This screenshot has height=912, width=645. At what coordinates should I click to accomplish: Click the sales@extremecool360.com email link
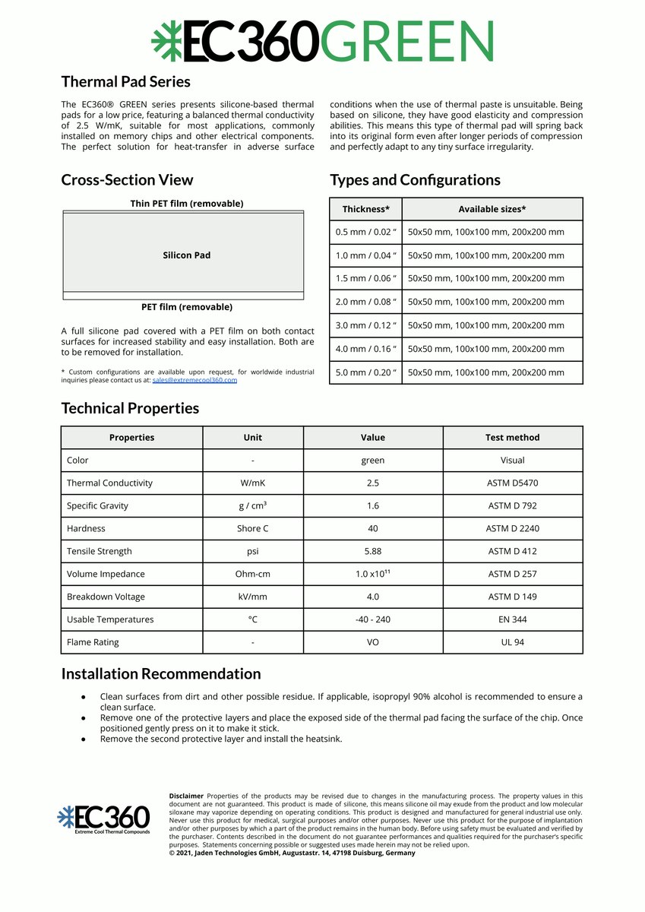pyautogui.click(x=194, y=380)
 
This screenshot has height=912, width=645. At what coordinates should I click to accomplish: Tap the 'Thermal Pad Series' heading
pyautogui.click(x=125, y=81)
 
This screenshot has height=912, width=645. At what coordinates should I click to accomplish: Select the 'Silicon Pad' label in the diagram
pyautogui.click(x=186, y=255)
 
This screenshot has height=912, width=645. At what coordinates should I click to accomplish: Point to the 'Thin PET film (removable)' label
pyautogui.click(x=187, y=204)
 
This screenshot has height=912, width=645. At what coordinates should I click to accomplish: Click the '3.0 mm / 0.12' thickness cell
pyautogui.click(x=366, y=325)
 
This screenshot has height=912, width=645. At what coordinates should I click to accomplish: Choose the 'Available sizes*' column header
pyautogui.click(x=492, y=209)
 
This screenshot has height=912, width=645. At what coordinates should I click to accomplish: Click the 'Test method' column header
pyautogui.click(x=512, y=438)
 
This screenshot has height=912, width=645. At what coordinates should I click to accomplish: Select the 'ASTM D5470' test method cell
pyautogui.click(x=512, y=483)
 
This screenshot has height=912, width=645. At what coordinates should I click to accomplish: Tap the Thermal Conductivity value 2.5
pyautogui.click(x=372, y=483)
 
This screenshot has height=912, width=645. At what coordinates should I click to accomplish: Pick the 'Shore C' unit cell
pyautogui.click(x=252, y=529)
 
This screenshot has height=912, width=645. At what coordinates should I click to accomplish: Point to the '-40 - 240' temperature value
pyautogui.click(x=372, y=620)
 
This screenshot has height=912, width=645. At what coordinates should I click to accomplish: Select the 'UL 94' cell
pyautogui.click(x=512, y=643)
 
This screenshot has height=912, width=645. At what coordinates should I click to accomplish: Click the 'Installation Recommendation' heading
pyautogui.click(x=160, y=674)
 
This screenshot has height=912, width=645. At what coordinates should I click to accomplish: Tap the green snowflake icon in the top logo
pyautogui.click(x=166, y=41)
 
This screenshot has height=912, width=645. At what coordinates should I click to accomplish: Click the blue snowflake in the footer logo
pyautogui.click(x=66, y=817)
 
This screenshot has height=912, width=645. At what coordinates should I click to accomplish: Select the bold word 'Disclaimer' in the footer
pyautogui.click(x=186, y=796)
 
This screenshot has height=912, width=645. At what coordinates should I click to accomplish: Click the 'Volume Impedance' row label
pyautogui.click(x=106, y=575)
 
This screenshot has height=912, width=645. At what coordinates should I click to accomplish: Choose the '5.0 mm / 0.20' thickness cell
pyautogui.click(x=366, y=372)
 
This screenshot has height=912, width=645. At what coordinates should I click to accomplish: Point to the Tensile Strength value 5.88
pyautogui.click(x=372, y=552)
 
